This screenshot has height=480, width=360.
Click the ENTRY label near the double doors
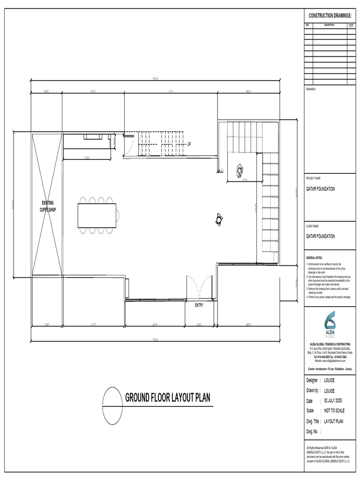pos(199,305)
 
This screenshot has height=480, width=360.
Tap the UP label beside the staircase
pos(189,144)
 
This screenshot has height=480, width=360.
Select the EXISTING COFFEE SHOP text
pos(47,206)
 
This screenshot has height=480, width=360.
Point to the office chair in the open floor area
pos(219,218)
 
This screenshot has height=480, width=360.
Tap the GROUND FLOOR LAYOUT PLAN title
pos(167,398)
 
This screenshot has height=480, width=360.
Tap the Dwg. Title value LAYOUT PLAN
pos(333,421)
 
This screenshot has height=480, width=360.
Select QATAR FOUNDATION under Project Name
pos(321,189)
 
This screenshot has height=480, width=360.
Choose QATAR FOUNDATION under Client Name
pos(321,237)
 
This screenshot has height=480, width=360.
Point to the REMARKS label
pos(311,88)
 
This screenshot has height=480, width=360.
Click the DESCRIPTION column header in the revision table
pos(329,25)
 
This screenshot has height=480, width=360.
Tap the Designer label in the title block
pos(312,381)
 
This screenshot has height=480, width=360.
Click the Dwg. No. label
pos(313,431)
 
